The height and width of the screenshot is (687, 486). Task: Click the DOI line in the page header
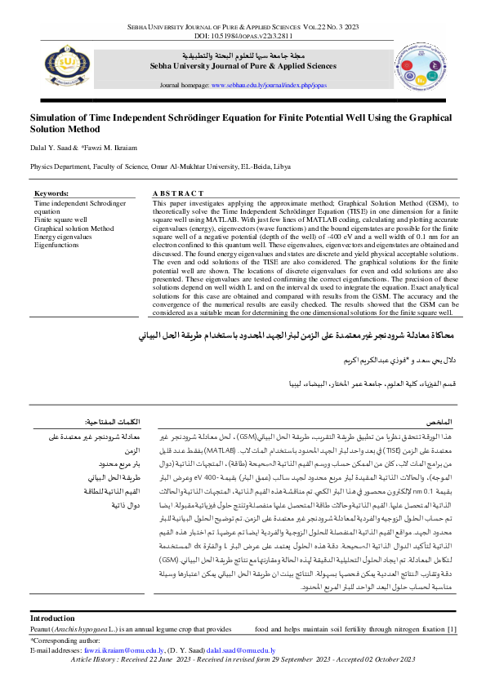pyautogui.click(x=243, y=37)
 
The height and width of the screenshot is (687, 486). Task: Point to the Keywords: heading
pyautogui.click(x=51, y=193)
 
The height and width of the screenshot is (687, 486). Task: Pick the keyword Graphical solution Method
pyautogui.click(x=74, y=228)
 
